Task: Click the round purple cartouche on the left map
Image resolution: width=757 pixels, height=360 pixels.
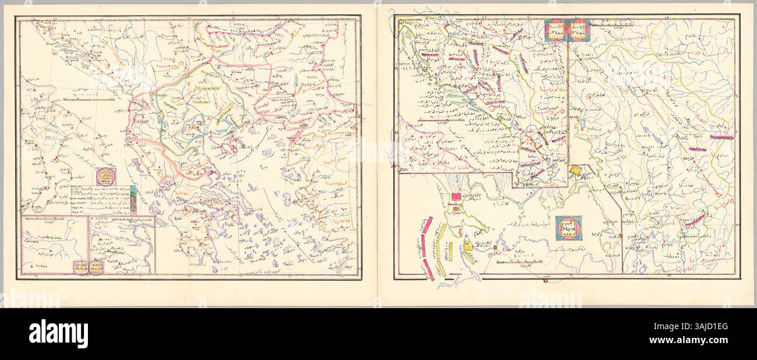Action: pos(106,176)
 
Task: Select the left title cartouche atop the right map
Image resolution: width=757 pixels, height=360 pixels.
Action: pos(555,30)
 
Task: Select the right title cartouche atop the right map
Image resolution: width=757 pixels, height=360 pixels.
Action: pos(579,30)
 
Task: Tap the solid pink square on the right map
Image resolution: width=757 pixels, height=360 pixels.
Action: pos(456,196)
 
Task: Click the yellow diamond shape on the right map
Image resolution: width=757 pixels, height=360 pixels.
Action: pos(575,171)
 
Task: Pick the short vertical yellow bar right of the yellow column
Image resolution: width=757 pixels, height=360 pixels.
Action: pos(451,251)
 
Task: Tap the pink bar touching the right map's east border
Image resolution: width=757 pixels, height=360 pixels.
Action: pos(721,137)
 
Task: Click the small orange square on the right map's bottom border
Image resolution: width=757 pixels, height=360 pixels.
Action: pos(622,236)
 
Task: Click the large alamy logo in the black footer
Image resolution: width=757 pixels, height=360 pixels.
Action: pos(58,334)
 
